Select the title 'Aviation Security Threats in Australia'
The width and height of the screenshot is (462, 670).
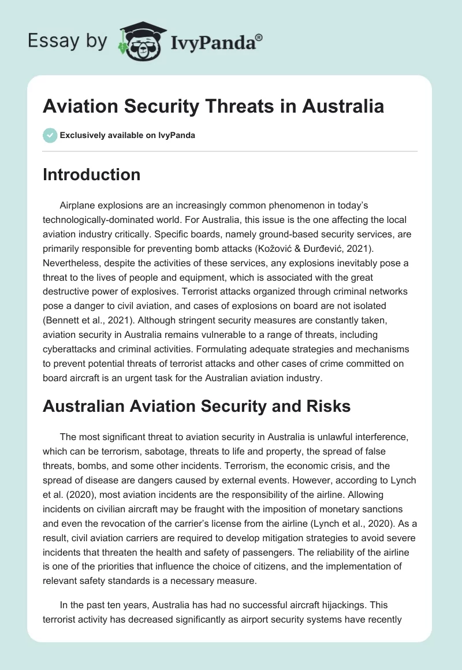(213, 107)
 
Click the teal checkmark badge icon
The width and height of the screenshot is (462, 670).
(49, 135)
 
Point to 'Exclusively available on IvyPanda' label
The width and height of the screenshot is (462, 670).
(128, 135)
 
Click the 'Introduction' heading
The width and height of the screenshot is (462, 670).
(91, 174)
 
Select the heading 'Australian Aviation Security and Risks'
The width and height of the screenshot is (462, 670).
(196, 406)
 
